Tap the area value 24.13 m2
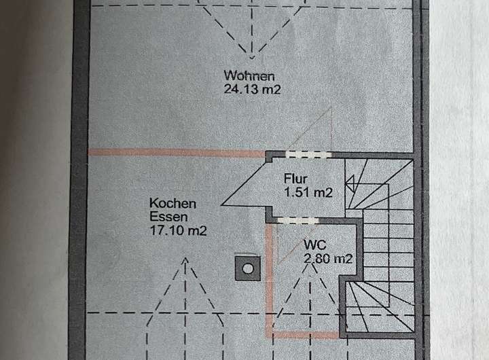(249, 88)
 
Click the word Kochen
(173, 203)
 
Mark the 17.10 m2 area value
(178, 230)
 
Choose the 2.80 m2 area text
(328, 257)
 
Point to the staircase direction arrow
(350, 181)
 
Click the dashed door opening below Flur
(297, 220)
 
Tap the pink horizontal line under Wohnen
(177, 152)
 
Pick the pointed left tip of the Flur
(223, 201)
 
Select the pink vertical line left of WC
(269, 278)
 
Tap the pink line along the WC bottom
(306, 335)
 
